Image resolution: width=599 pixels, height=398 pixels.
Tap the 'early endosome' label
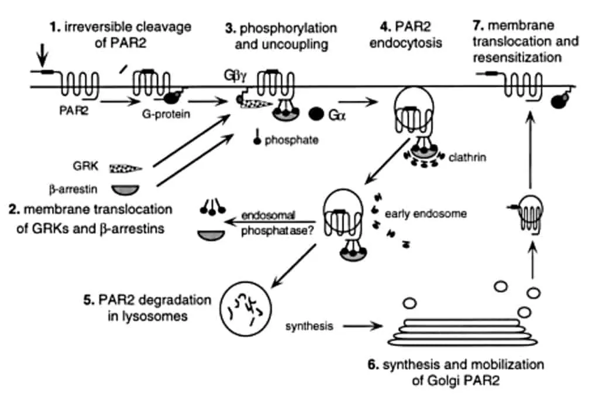tap(425, 214)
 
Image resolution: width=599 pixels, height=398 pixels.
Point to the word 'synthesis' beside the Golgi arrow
tap(309, 326)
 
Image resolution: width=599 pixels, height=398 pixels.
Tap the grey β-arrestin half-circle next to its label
tap(126, 190)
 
